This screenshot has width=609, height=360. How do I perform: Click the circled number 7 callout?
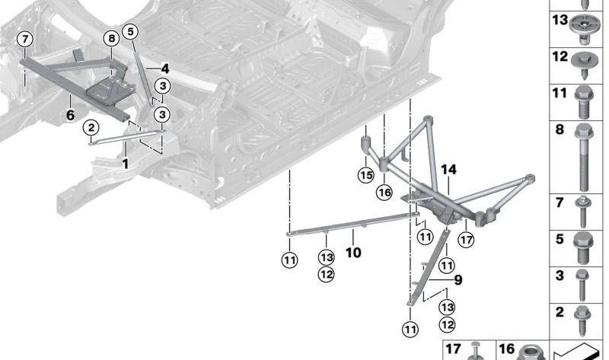(x=26, y=39)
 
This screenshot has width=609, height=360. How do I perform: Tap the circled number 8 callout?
(x=111, y=39)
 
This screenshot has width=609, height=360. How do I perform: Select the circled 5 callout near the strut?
(x=130, y=31)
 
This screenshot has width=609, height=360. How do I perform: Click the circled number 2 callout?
(x=91, y=127)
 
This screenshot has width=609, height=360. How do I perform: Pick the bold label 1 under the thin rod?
(x=126, y=163)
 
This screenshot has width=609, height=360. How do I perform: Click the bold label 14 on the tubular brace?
(x=448, y=170)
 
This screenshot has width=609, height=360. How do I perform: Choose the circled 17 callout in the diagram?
(x=466, y=240)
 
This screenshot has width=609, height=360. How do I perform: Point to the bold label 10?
(x=353, y=252)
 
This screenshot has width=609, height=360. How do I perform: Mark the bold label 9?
(x=458, y=280)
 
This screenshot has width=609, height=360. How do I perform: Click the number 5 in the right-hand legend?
(x=560, y=239)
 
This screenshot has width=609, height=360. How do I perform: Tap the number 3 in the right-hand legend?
(x=560, y=276)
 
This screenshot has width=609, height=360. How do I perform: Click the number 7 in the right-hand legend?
(x=560, y=202)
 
